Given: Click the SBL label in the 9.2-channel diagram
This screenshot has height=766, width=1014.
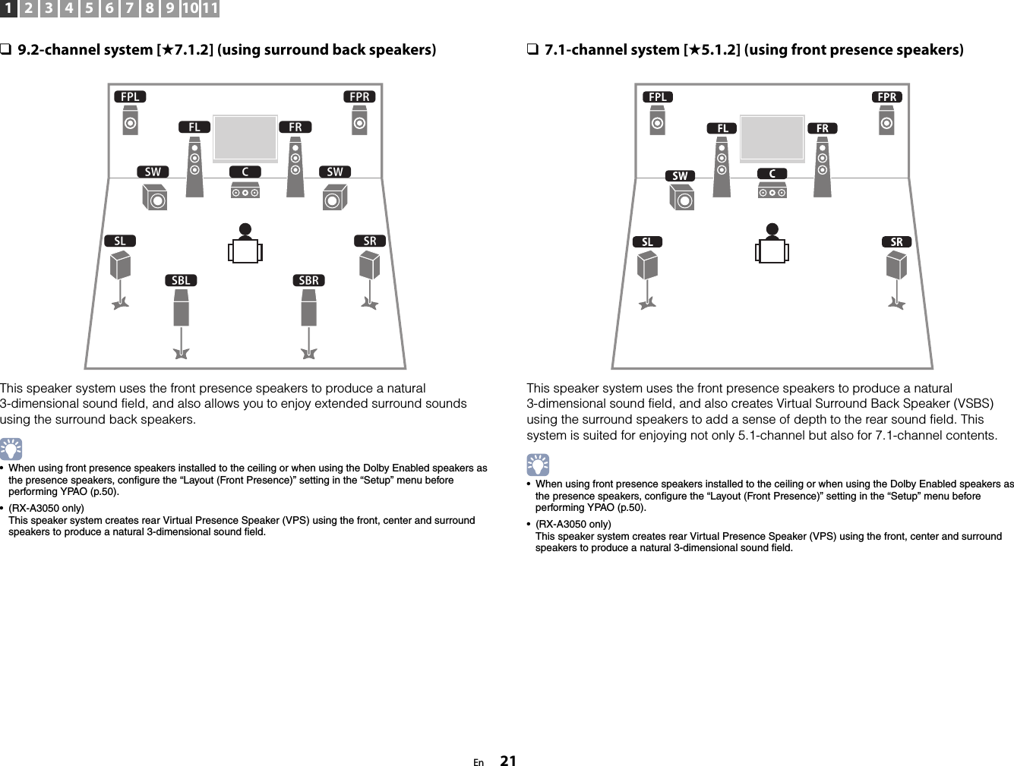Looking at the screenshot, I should tap(181, 280).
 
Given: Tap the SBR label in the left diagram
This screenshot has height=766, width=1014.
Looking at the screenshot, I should tap(309, 280).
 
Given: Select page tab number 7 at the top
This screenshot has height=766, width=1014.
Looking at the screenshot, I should tap(130, 9).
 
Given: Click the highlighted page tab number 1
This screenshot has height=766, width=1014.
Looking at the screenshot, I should tap(9, 9).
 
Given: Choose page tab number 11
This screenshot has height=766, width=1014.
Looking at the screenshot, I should tap(210, 9).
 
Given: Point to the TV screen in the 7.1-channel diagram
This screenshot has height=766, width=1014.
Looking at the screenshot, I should tap(772, 138).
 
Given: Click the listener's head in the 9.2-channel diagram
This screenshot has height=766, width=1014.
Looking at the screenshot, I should tap(245, 230).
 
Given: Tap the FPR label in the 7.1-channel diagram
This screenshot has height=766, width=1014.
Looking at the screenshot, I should tap(887, 97).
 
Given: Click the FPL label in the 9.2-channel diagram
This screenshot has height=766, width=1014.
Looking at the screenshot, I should tap(131, 97).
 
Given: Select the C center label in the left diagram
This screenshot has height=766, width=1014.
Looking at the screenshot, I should tap(245, 172).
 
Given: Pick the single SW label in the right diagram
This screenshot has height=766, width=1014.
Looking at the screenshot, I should tap(680, 176).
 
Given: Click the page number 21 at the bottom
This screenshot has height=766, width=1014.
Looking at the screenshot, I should tap(508, 761).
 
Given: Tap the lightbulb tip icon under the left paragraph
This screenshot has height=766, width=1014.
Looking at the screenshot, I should tap(11, 449).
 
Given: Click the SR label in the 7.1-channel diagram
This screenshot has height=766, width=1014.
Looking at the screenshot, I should tap(897, 242).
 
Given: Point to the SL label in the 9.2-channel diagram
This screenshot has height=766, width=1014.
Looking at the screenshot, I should tap(120, 241).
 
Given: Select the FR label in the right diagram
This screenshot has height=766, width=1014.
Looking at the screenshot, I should tap(823, 128).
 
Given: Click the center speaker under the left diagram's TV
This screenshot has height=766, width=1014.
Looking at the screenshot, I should tap(245, 192).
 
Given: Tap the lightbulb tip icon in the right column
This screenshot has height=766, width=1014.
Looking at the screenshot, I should tap(538, 465).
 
